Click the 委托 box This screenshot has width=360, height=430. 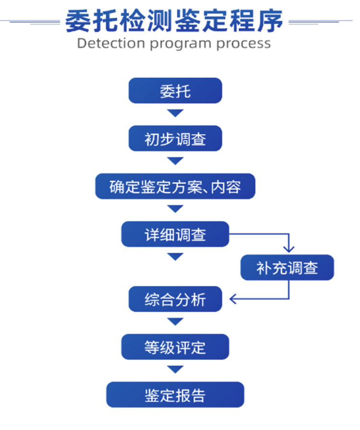point(175,90)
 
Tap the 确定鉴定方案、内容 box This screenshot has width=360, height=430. point(175,186)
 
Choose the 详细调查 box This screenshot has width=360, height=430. point(175,234)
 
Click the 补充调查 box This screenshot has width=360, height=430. point(287,268)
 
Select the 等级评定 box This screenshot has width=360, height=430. point(175,347)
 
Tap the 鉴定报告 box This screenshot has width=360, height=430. point(175,395)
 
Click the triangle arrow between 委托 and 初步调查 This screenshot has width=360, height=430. point(175,113)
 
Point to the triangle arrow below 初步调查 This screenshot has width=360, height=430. point(175,161)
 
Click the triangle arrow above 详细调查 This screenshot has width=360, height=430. point(175,209)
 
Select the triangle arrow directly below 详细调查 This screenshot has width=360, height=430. point(175,257)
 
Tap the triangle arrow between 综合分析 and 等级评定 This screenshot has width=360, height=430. point(175,321)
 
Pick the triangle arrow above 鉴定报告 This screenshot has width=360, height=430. point(175,369)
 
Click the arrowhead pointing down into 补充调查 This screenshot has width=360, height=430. point(288,249)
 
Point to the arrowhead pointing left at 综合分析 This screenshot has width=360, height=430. point(234,299)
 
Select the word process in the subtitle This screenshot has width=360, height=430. point(243,43)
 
